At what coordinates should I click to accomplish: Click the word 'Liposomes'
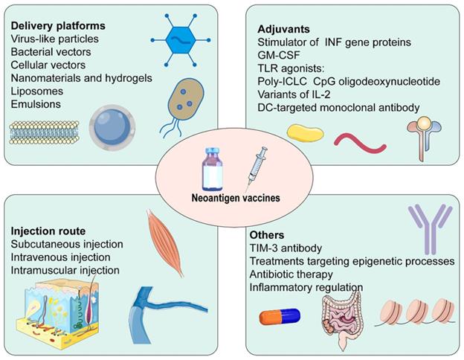tap(37, 91)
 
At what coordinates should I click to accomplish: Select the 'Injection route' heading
tap(48, 230)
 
